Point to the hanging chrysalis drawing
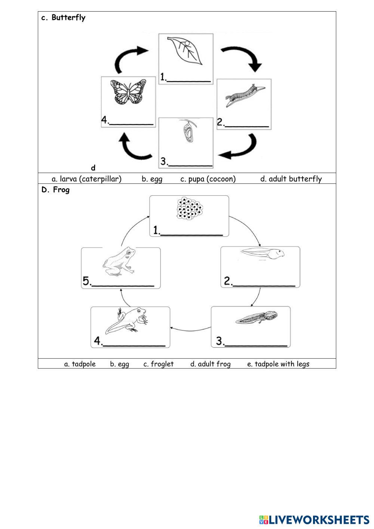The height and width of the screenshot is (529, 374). point(187,131)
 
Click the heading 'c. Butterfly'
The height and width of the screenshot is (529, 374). point(63,18)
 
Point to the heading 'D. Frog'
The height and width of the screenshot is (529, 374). point(55,190)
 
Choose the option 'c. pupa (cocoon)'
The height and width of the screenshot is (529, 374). point(208,179)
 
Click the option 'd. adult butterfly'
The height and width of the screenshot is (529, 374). point(291,179)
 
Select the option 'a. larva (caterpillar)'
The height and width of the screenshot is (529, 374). point(86,179)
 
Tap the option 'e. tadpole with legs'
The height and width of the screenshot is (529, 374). point(278,364)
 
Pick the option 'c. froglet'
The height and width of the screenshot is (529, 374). point(159,364)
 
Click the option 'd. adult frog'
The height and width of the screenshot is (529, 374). point(210,364)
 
